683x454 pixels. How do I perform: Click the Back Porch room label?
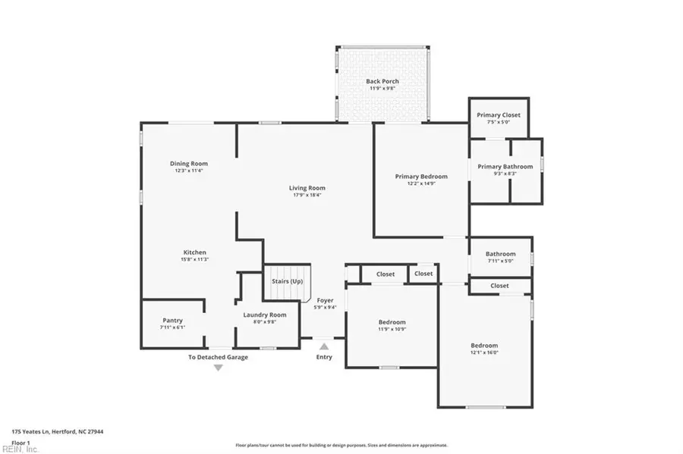pyautogui.click(x=382, y=81)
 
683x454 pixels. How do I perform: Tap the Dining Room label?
pyautogui.click(x=188, y=163)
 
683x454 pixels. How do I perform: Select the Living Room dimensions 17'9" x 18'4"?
pyautogui.click(x=307, y=195)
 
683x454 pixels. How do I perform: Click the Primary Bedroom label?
pyautogui.click(x=421, y=177)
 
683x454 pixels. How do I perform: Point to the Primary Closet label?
pyautogui.click(x=499, y=115)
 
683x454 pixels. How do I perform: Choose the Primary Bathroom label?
pyautogui.click(x=505, y=167)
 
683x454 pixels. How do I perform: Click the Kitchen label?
pyautogui.click(x=194, y=252)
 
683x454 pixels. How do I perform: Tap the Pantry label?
pyautogui.click(x=172, y=320)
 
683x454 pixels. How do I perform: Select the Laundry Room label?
pyautogui.click(x=265, y=315)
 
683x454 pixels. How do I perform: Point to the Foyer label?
pyautogui.click(x=325, y=300)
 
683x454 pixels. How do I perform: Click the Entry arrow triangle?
pyautogui.click(x=324, y=346)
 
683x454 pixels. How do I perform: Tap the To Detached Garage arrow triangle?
pyautogui.click(x=218, y=368)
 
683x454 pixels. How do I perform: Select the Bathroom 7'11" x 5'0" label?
pyautogui.click(x=501, y=254)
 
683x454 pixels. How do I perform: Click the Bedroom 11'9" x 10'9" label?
pyautogui.click(x=392, y=321)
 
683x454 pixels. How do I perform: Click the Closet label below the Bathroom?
pyautogui.click(x=499, y=286)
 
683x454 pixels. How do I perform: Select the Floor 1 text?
pyautogui.click(x=20, y=442)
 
